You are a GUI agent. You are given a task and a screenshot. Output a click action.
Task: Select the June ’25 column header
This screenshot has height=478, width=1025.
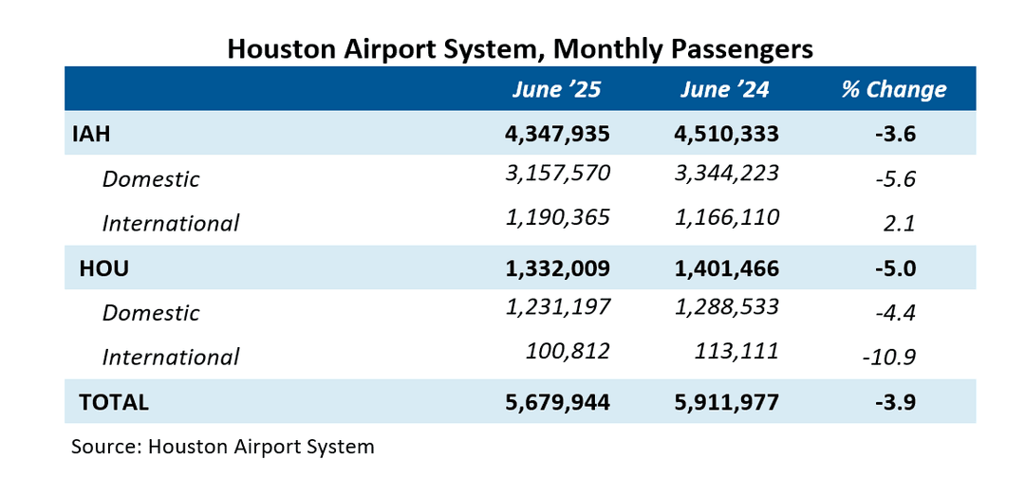[x=556, y=89]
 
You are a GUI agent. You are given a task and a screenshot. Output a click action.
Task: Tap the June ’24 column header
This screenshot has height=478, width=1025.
[x=724, y=89]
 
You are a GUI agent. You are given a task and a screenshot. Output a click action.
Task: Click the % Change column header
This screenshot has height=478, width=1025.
[x=893, y=89]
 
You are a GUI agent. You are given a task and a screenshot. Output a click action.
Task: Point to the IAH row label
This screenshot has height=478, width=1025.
[x=92, y=134]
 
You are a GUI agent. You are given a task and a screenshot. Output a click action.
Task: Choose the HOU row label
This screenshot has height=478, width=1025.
[x=103, y=268]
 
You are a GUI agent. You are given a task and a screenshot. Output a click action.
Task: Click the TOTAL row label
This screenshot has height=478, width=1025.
[x=114, y=402]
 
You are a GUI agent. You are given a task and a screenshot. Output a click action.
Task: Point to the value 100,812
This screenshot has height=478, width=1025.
[x=568, y=352]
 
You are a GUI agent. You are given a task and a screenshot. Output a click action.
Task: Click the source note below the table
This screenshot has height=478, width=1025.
[x=223, y=446]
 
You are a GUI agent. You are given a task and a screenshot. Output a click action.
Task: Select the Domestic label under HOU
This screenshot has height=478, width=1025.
[x=151, y=313]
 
